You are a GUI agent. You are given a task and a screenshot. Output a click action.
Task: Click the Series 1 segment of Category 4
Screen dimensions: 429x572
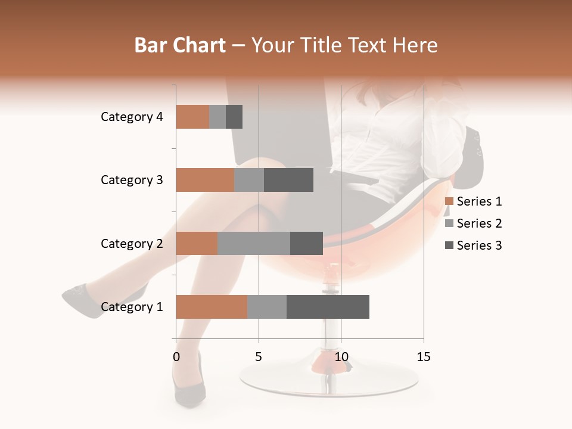pyautogui.click(x=192, y=117)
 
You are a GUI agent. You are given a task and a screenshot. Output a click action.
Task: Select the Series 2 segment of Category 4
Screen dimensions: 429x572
pyautogui.click(x=217, y=117)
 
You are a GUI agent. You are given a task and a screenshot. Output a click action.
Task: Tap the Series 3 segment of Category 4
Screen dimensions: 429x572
pyautogui.click(x=234, y=117)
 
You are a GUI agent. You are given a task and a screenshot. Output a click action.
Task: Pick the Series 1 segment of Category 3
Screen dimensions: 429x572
pyautogui.click(x=205, y=180)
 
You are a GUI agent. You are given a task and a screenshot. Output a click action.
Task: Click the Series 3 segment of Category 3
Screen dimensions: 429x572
pyautogui.click(x=288, y=180)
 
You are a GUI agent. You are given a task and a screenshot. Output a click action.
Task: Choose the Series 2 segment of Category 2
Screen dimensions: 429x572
pyautogui.click(x=254, y=243)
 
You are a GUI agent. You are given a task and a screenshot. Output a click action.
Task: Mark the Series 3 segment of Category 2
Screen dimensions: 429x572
pyautogui.click(x=306, y=243)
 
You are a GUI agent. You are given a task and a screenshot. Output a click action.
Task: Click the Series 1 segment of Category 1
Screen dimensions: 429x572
pyautogui.click(x=212, y=307)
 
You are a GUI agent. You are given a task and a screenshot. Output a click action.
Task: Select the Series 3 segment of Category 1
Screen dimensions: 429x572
pyautogui.click(x=328, y=307)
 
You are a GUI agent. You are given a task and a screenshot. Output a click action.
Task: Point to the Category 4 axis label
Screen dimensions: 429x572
pyautogui.click(x=132, y=117)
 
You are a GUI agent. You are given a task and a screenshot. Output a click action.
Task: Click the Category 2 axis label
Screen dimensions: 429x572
pyautogui.click(x=132, y=243)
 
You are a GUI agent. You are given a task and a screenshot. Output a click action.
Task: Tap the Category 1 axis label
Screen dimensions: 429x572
pyautogui.click(x=132, y=307)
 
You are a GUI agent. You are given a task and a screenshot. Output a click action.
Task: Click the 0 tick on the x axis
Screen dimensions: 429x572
pyautogui.click(x=176, y=357)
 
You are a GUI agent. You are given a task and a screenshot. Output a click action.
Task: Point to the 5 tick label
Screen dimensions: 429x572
pyautogui.click(x=259, y=357)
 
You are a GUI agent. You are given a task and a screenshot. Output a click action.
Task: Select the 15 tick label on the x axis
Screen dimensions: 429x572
pyautogui.click(x=424, y=357)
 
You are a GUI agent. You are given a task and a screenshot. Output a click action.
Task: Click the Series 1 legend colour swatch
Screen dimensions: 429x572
pyautogui.click(x=449, y=201)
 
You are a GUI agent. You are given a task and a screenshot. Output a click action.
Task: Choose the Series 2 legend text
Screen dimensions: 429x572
pyautogui.click(x=479, y=223)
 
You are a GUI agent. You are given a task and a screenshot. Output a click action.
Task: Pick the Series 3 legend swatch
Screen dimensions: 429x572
pyautogui.click(x=449, y=245)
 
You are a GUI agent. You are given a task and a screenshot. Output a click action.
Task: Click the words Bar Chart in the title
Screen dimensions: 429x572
pyautogui.click(x=180, y=45)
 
